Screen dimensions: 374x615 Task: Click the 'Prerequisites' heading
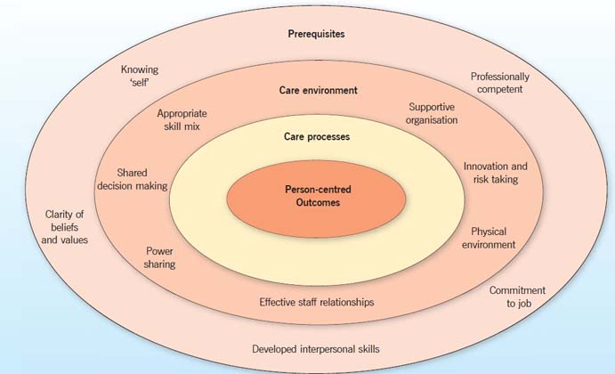(316, 34)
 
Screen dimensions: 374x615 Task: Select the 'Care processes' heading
(316, 137)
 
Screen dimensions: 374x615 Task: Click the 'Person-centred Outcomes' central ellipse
(318, 195)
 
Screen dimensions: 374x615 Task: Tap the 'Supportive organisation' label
(433, 112)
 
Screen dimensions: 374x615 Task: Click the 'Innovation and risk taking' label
(496, 173)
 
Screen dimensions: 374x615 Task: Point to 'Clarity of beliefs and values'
(66, 226)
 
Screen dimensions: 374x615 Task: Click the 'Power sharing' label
(160, 257)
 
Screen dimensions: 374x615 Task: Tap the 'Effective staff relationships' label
(317, 302)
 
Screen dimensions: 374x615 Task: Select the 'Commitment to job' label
(517, 297)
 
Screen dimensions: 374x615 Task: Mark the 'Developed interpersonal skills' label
(316, 349)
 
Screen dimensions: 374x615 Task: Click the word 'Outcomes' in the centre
(318, 202)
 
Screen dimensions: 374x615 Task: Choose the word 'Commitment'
(517, 290)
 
